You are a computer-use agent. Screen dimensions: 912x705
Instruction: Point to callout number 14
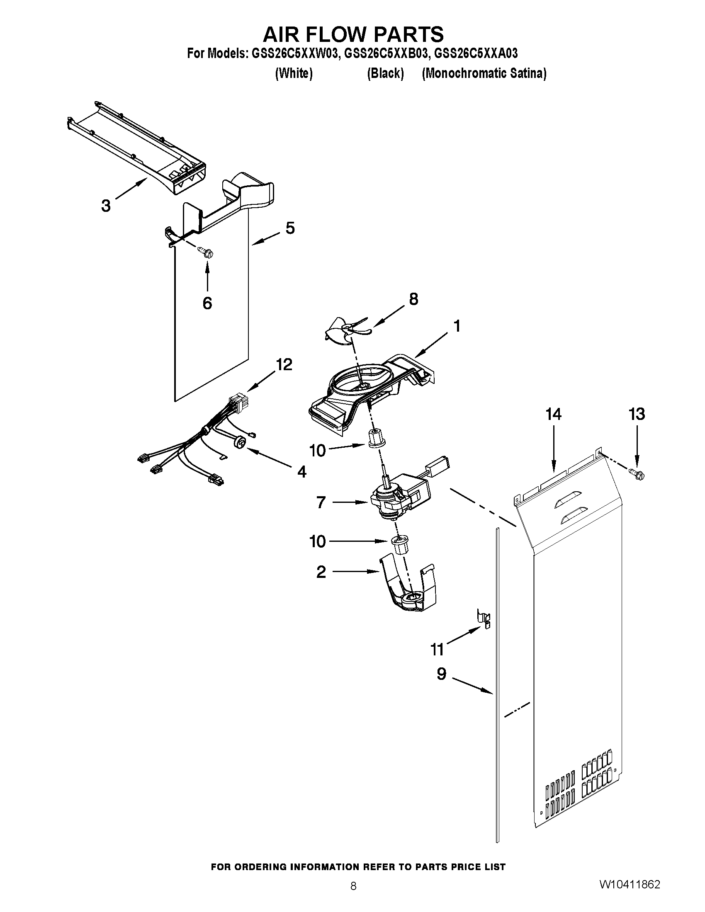point(553,414)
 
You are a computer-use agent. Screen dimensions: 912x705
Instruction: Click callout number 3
point(106,206)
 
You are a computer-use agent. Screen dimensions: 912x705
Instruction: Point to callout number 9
point(442,674)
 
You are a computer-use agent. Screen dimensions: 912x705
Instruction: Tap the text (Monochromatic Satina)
point(484,73)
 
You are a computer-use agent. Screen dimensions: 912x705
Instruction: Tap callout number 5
point(290,228)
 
